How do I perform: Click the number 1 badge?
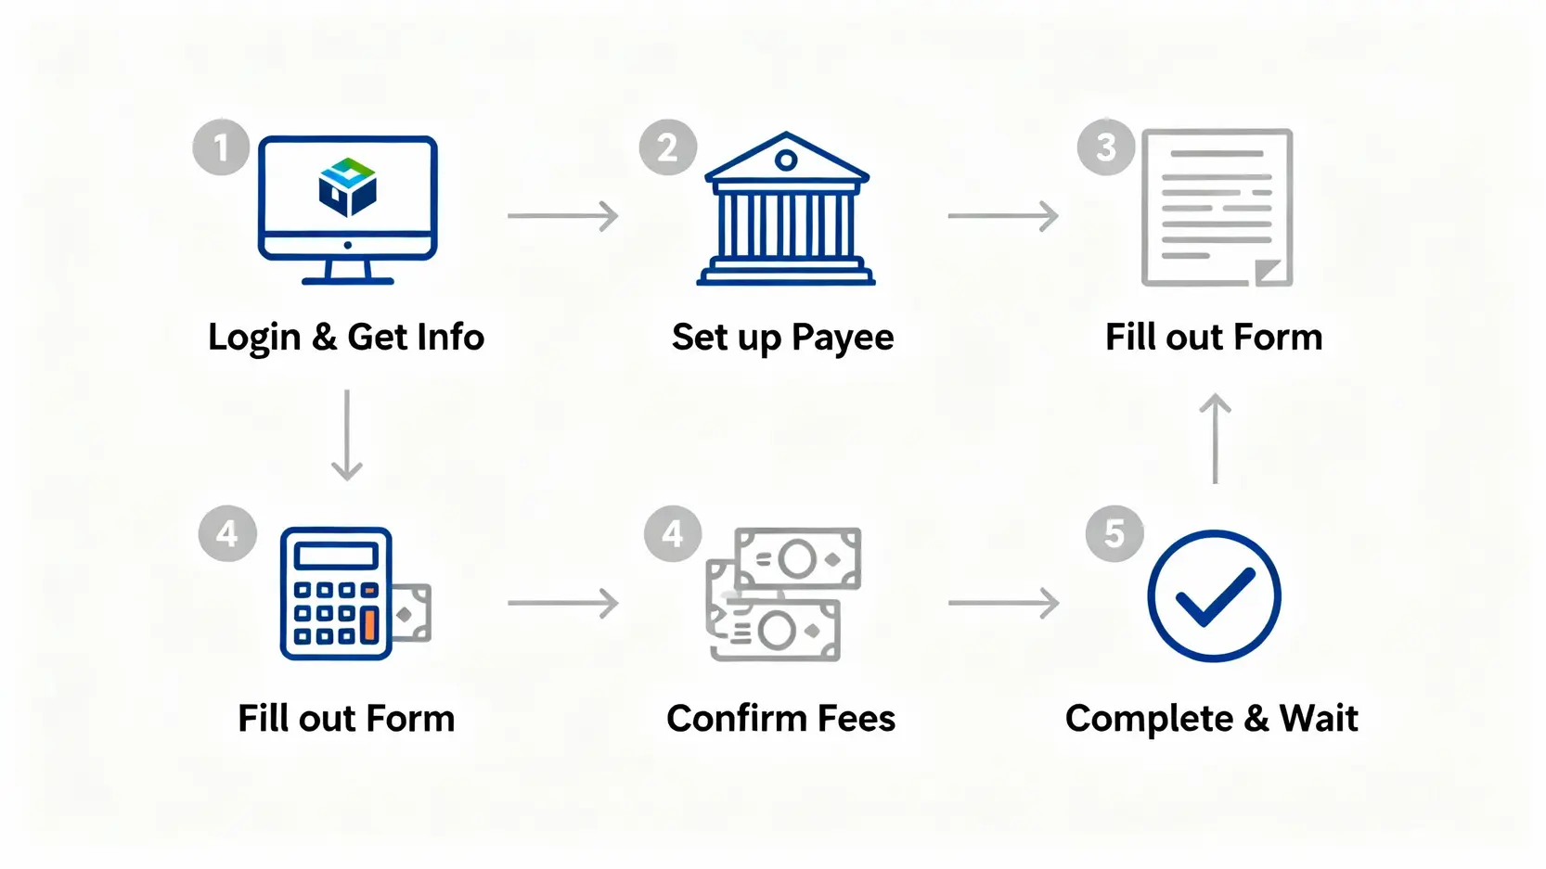pos(221,147)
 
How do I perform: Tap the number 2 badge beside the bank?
pos(668,147)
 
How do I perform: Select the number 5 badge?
pos(1114,533)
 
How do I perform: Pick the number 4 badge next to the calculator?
pos(227,533)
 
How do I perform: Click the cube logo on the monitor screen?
pos(347,186)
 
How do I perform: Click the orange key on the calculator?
pos(369,625)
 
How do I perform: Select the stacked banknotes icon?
pos(783,594)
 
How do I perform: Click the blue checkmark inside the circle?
pos(1214,596)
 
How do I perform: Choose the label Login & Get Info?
pos(346,337)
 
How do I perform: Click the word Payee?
pos(843,338)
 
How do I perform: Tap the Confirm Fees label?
pos(781,719)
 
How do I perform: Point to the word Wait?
pos(1319,719)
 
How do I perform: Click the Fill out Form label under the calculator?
pos(346,719)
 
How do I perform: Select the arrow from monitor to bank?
pos(563,216)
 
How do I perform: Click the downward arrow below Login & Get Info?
pos(347,435)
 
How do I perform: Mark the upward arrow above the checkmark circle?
pos(1215,438)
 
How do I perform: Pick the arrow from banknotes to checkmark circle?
pos(1004,604)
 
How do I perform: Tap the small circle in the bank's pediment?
pos(786,160)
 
